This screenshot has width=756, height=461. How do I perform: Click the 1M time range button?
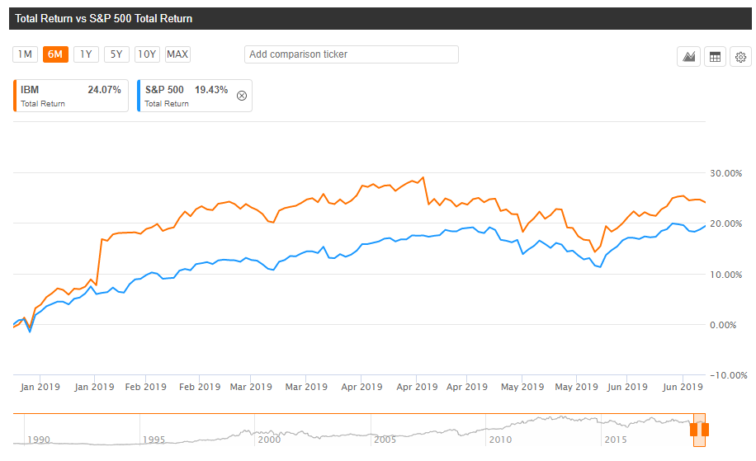tap(25, 54)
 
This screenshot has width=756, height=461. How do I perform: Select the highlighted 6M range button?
tap(55, 54)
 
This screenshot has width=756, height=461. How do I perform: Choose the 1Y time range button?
tap(86, 54)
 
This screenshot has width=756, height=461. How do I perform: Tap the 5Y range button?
tap(116, 54)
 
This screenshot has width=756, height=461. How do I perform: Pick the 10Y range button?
tap(147, 54)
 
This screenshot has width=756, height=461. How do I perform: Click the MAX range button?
tap(177, 54)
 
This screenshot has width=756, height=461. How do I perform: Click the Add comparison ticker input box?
tap(351, 54)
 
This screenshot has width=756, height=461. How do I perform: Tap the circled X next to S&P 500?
tap(242, 96)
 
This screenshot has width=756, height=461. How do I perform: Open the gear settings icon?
tap(740, 57)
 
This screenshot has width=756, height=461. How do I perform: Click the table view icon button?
tap(715, 57)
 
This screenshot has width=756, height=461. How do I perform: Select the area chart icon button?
tap(688, 57)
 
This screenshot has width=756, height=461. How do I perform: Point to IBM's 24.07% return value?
tap(104, 89)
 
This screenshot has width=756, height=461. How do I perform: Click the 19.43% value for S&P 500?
tap(211, 89)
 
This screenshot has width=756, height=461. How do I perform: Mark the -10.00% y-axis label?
tap(718, 375)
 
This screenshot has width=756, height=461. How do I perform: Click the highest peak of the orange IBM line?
tap(423, 177)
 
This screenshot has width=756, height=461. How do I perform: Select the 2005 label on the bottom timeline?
tap(385, 440)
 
